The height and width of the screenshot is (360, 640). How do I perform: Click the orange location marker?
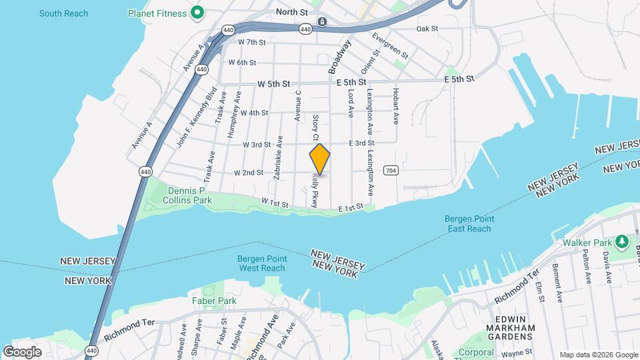(320, 159)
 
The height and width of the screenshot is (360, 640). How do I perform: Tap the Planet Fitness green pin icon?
(197, 12)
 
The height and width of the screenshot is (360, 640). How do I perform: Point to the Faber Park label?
(214, 301)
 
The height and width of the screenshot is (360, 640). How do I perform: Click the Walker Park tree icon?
(622, 240)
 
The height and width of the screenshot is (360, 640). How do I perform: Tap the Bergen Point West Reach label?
(262, 263)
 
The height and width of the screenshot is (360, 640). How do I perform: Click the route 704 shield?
(391, 171)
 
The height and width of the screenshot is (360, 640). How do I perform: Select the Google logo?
(22, 351)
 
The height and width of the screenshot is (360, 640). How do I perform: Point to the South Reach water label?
(63, 13)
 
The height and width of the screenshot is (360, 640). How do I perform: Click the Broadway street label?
(339, 57)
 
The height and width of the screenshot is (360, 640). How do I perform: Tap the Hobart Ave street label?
(395, 106)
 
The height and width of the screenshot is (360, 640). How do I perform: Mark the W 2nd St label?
(249, 172)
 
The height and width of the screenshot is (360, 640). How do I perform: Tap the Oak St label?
(427, 29)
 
